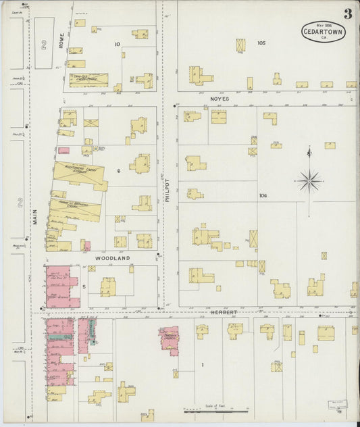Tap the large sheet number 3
click(x=346, y=14)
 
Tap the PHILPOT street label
click(x=166, y=191)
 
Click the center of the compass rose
click(x=309, y=180)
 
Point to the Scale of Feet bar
click(x=216, y=410)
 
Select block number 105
click(x=261, y=43)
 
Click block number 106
click(x=262, y=195)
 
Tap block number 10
click(x=117, y=45)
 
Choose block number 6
click(x=118, y=171)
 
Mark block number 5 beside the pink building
click(x=84, y=286)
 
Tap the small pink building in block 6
click(x=63, y=150)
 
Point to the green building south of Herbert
click(x=66, y=336)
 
